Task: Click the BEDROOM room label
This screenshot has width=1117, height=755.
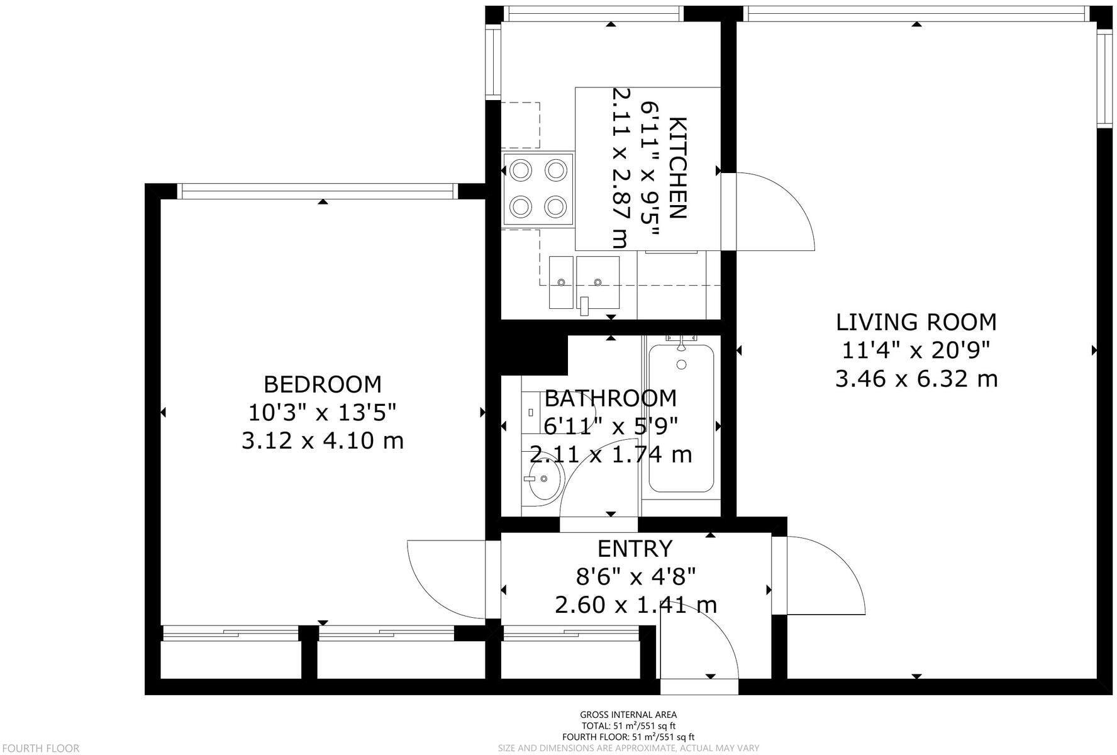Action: coord(322,384)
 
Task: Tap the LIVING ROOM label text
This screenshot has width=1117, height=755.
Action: coord(916,322)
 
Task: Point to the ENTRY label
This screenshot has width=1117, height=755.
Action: coord(635,549)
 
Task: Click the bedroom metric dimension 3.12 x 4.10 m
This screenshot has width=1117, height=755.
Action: coord(322,440)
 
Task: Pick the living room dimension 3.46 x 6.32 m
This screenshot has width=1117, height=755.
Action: coord(916,379)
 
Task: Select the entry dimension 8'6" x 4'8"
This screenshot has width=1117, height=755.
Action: coord(635,576)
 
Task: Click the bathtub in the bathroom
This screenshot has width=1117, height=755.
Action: coord(682,418)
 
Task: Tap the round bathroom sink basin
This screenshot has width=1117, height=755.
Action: coord(543,480)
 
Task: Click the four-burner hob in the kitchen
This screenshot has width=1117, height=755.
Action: coord(538,188)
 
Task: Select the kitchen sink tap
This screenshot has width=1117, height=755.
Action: coord(585,306)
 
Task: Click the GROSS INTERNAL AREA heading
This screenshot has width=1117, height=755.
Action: coord(628,714)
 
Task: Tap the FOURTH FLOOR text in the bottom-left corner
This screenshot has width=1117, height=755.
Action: coord(40,748)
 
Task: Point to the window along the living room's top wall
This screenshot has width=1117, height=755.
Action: coord(916,14)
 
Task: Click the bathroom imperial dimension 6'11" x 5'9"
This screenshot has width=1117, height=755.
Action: coord(611,427)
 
